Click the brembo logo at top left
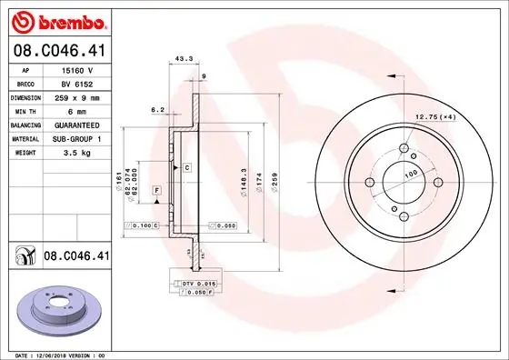click(56, 19)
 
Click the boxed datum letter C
click(185, 168)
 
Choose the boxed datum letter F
click(156, 190)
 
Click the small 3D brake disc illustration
click(56, 312)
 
